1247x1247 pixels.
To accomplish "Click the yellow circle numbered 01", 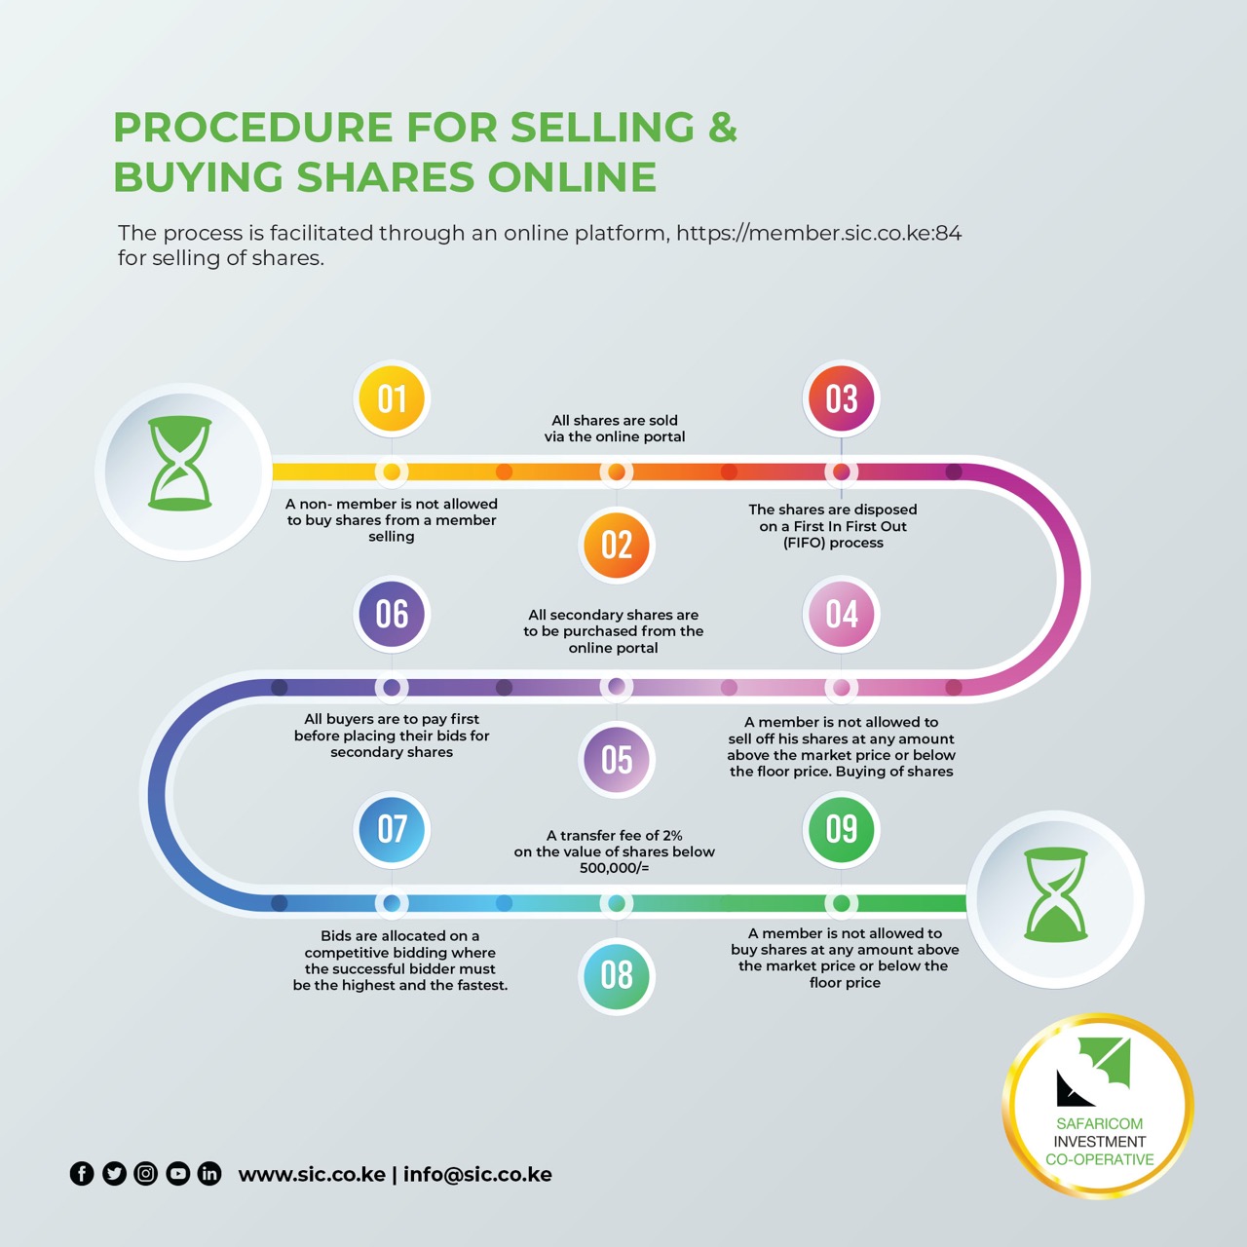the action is coord(392,398).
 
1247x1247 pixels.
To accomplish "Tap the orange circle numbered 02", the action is coord(617,545).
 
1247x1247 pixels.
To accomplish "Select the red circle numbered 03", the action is coord(842,398).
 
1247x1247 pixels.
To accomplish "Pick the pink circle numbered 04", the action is coord(842,614).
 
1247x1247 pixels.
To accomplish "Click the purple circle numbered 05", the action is coord(617,760).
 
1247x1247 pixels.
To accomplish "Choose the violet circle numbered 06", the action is coord(392,614).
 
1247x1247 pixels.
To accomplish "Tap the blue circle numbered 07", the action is coord(392,829).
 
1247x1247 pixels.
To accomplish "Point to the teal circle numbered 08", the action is coord(617,975).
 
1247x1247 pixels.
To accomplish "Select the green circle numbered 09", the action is coord(842,829).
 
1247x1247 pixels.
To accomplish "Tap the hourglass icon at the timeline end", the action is coord(1056,894).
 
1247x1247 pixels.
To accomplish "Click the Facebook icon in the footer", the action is coord(82,1174).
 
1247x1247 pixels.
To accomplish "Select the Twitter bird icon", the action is coord(114,1174).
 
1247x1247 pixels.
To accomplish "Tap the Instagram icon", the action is coord(146,1174).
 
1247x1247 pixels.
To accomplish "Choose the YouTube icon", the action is coord(178,1174).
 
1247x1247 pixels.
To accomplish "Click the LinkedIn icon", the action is coord(209,1174).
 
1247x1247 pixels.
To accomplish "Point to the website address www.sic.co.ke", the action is coord(312,1175).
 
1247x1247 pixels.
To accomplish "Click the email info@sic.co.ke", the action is coord(477,1175).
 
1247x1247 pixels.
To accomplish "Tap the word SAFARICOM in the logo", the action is coord(1099,1123).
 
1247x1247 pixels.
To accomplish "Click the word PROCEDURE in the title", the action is coord(252,128).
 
